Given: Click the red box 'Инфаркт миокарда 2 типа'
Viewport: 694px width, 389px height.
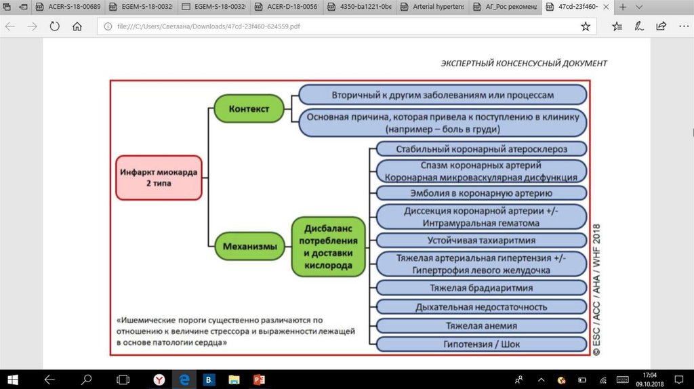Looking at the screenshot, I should [x=158, y=178].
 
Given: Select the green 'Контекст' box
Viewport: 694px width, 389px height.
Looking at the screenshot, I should [x=248, y=108].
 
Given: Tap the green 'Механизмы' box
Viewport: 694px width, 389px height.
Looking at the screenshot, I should [x=249, y=247].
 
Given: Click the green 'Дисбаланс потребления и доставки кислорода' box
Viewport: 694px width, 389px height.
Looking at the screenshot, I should [x=328, y=247].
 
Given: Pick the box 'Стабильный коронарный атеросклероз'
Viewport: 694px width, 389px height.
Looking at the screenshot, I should [x=481, y=148].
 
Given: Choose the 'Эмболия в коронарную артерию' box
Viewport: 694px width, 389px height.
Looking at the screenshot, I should [x=481, y=192].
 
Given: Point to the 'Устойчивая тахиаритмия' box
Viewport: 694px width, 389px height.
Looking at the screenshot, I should [x=481, y=240].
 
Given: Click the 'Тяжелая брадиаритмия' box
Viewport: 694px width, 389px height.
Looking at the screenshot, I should [x=481, y=287].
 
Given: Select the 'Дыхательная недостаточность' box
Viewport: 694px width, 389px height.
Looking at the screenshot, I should [x=481, y=307].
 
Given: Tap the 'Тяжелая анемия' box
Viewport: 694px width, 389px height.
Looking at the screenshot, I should [x=481, y=326].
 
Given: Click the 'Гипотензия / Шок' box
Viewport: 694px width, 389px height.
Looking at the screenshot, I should [x=481, y=344].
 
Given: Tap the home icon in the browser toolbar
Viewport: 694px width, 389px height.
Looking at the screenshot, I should [x=77, y=27].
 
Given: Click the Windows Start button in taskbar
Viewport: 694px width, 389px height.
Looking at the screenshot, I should [x=12, y=380].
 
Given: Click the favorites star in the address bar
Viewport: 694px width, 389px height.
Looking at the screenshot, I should [x=586, y=27].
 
